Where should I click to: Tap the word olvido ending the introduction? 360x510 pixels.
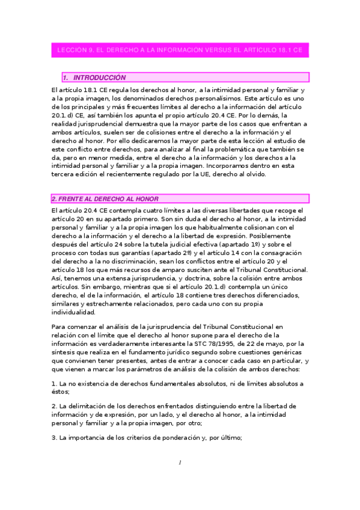(x=262, y=174)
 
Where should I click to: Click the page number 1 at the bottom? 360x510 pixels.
(x=180, y=462)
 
